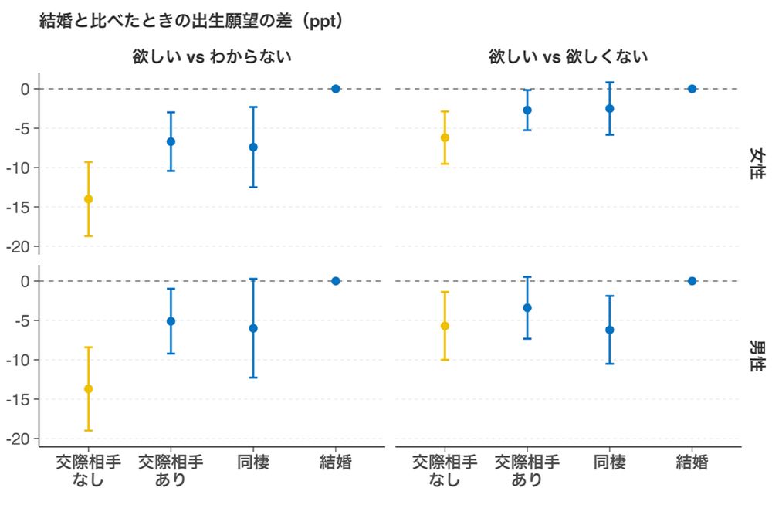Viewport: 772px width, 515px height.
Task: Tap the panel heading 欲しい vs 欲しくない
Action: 567,57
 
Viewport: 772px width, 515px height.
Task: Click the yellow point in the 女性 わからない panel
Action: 88,199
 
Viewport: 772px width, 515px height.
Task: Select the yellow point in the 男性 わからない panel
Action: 88,389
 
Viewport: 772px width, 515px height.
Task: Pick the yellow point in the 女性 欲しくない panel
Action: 445,137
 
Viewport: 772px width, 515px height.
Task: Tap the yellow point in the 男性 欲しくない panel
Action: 445,326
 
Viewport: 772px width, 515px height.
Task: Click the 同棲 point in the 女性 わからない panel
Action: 253,147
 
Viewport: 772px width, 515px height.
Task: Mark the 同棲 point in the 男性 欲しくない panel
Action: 610,330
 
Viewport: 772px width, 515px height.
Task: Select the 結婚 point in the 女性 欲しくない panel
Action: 692,89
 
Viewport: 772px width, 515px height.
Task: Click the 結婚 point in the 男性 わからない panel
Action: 336,281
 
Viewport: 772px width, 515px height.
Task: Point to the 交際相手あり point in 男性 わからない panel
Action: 171,321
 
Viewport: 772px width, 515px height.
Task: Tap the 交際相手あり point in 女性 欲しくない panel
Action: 527,110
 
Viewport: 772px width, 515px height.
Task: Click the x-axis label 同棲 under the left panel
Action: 253,462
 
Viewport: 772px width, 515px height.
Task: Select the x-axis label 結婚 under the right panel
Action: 692,462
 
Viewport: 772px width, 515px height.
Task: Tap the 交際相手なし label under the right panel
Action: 445,470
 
